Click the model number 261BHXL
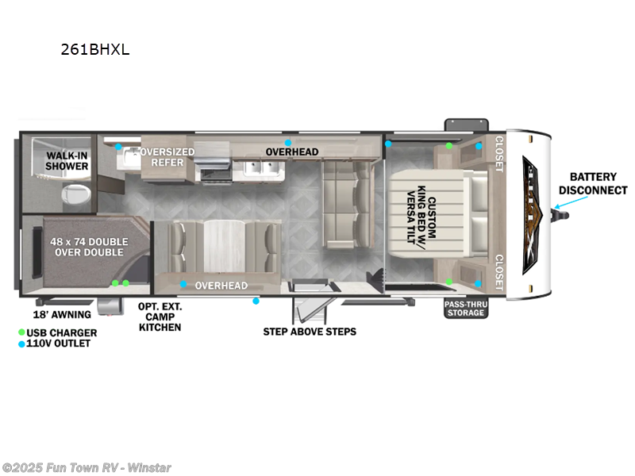click(x=94, y=49)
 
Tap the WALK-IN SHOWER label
click(x=67, y=160)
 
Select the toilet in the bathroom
click(x=75, y=194)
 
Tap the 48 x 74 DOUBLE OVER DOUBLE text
click(x=89, y=246)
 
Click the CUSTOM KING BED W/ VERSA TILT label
click(x=421, y=212)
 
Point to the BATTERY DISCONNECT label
click(x=593, y=184)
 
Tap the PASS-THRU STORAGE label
click(x=464, y=309)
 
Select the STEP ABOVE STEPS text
click(x=310, y=331)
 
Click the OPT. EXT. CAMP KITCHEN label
click(x=160, y=317)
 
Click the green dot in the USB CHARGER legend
click(x=22, y=332)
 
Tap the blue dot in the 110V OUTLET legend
click(x=22, y=344)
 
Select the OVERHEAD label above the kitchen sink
click(x=291, y=152)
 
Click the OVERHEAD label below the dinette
click(x=221, y=286)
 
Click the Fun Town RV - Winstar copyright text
click(x=87, y=467)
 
